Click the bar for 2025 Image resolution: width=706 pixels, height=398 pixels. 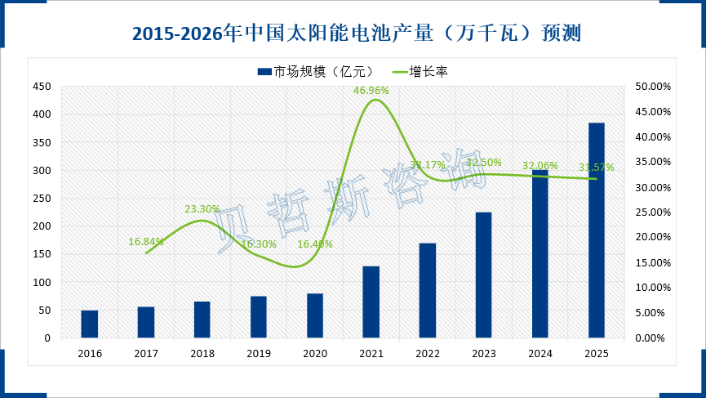pyautogui.click(x=597, y=230)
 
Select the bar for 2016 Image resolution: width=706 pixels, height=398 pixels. pyautogui.click(x=90, y=324)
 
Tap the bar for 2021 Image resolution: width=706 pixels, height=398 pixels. pyautogui.click(x=371, y=302)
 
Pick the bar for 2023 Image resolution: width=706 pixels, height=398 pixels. pyautogui.click(x=484, y=275)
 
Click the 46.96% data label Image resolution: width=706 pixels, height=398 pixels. pyautogui.click(x=371, y=90)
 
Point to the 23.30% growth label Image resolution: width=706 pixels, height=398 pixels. pyautogui.click(x=202, y=209)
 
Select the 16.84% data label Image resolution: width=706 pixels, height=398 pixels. pyautogui.click(x=146, y=241)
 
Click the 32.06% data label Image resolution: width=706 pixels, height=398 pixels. pyautogui.click(x=540, y=163)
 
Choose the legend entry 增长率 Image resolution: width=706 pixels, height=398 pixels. pyautogui.click(x=428, y=72)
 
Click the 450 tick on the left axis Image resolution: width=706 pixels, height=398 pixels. pyautogui.click(x=42, y=87)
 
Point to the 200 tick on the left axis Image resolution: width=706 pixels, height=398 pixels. pyautogui.click(x=42, y=226)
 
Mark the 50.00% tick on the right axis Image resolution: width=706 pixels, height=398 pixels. pyautogui.click(x=651, y=87)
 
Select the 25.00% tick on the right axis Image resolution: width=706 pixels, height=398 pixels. pyautogui.click(x=651, y=212)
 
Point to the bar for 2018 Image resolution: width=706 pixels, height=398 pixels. pyautogui.click(x=202, y=320)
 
